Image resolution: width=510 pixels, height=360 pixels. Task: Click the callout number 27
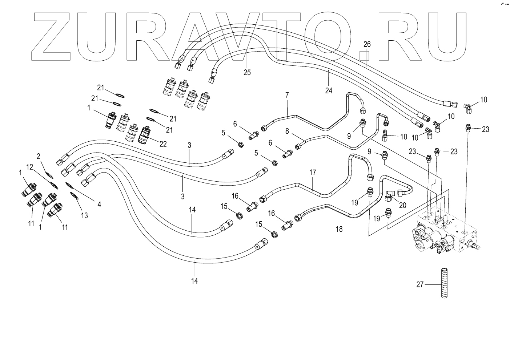click(420, 285)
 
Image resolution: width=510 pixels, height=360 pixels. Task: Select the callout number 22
click(163, 144)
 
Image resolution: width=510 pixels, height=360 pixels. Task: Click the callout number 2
click(39, 157)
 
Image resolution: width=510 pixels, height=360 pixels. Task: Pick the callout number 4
click(99, 205)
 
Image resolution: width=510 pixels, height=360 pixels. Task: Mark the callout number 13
click(84, 216)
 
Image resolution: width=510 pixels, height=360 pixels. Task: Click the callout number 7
click(287, 95)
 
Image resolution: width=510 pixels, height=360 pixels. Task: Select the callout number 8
click(287, 132)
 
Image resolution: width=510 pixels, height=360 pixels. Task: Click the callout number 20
click(402, 205)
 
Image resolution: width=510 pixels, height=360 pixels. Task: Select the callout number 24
click(329, 91)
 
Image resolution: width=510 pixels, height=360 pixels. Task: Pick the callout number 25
click(247, 72)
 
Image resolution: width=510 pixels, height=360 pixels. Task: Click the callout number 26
click(367, 44)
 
